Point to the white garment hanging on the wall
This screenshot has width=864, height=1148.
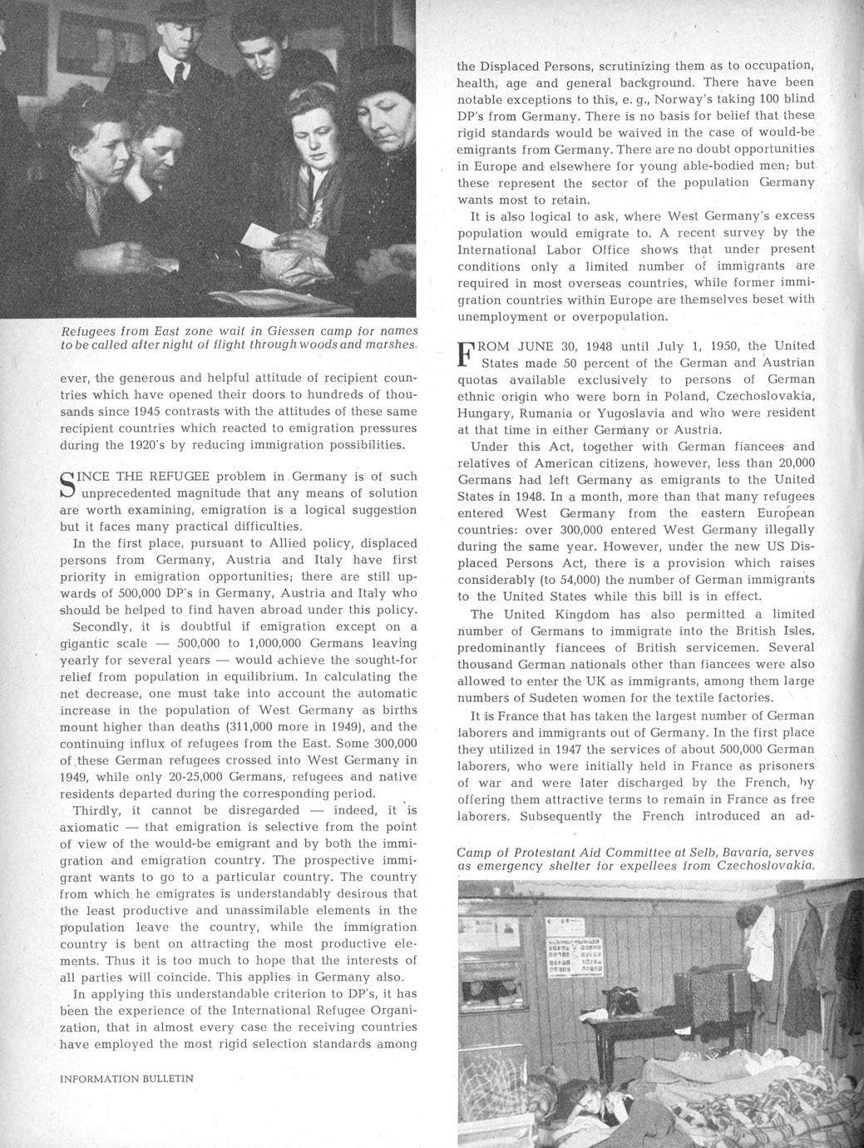pos(760,932)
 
